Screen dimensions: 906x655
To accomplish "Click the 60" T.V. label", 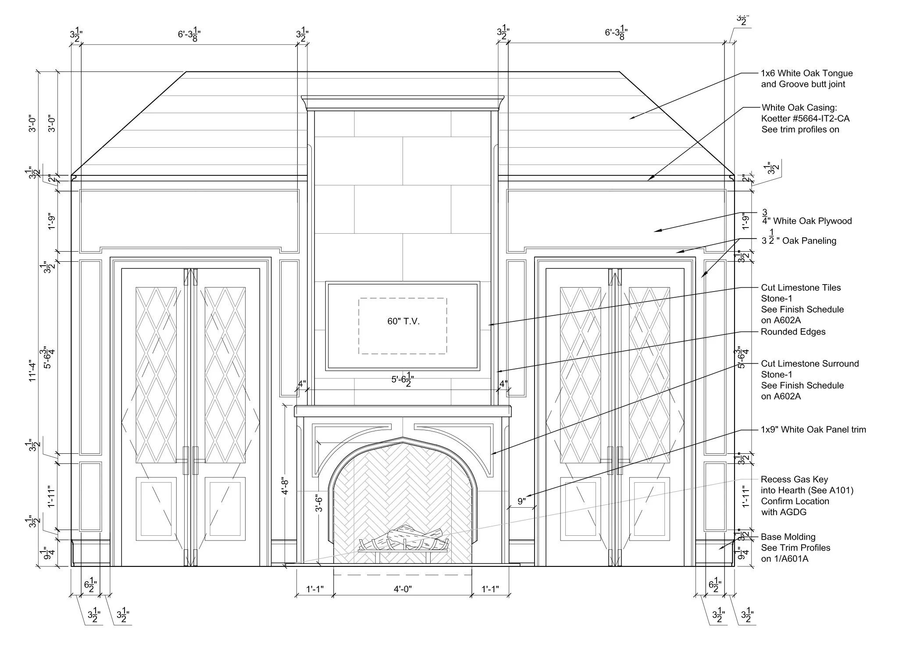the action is point(403,321).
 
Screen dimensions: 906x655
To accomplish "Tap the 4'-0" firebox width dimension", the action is point(403,589).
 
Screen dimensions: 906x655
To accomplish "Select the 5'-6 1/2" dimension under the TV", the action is point(403,380).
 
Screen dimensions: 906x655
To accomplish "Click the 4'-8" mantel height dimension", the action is point(285,486).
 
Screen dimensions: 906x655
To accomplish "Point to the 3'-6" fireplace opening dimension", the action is point(320,503).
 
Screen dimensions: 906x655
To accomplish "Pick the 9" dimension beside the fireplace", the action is point(521,501).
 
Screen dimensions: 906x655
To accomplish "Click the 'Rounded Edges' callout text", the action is point(793,332).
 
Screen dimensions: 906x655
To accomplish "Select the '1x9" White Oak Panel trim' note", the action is point(813,430).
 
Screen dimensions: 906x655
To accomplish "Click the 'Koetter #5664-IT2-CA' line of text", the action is point(806,118).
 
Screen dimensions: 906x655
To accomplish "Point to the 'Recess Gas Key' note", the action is point(794,479).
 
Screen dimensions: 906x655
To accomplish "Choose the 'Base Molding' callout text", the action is point(788,537).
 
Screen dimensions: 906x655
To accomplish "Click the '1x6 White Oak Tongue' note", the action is point(807,73).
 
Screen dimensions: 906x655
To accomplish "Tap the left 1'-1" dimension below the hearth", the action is point(315,589).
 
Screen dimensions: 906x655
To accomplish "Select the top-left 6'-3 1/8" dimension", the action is point(189,34).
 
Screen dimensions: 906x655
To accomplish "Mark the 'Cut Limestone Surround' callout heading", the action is point(810,363).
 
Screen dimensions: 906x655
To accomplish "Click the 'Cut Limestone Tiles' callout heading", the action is point(801,288).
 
